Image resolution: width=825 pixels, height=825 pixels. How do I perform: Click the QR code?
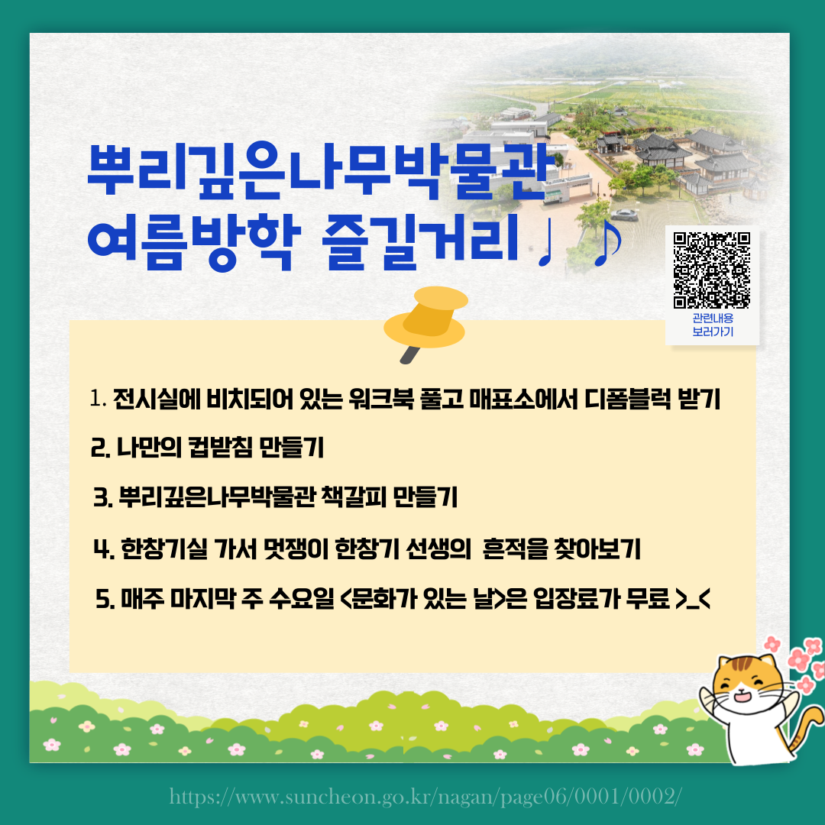712,269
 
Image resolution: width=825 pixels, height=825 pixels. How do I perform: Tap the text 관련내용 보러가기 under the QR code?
712,325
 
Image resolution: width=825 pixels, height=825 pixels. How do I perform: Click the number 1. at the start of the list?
98,399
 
